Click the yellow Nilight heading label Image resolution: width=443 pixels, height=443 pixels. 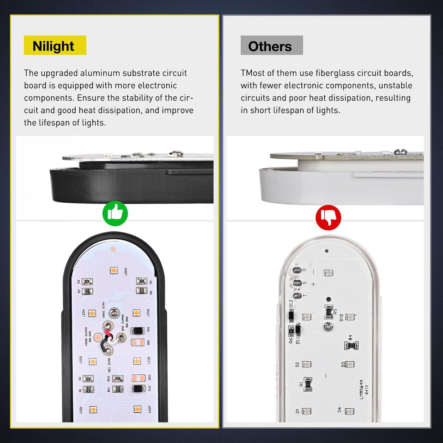(x=55, y=45)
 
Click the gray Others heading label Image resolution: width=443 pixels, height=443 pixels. (x=271, y=45)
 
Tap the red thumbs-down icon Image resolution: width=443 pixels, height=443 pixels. (x=328, y=218)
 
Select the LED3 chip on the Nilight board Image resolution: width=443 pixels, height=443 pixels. (x=113, y=270)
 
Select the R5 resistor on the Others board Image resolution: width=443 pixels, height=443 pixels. (x=329, y=312)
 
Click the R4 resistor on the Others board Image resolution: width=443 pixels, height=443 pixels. (x=351, y=345)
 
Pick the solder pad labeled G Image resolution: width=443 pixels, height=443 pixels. (x=297, y=270)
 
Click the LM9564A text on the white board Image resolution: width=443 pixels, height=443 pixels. (x=361, y=390)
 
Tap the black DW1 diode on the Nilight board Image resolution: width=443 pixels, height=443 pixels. (x=137, y=330)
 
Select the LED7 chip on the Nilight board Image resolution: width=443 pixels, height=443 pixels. (x=137, y=409)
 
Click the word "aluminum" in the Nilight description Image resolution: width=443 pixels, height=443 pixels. (x=100, y=73)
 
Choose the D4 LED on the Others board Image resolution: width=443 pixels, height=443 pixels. (x=349, y=411)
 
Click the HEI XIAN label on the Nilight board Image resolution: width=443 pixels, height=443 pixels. (x=109, y=365)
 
